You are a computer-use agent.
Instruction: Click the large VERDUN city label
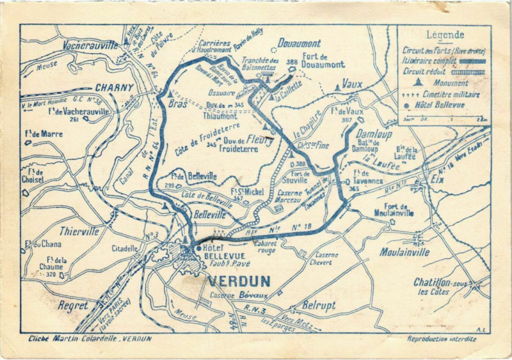click(x=239, y=281)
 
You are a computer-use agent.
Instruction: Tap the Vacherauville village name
click(x=90, y=45)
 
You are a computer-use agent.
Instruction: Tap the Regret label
click(x=73, y=306)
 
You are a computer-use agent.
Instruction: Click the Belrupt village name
click(x=319, y=306)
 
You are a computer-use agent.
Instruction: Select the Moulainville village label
click(x=404, y=252)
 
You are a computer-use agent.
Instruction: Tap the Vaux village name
click(x=352, y=84)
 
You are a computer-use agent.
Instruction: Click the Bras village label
click(x=178, y=104)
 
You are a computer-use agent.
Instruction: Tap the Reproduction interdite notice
click(x=442, y=339)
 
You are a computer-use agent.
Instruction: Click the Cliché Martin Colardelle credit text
click(x=86, y=339)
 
